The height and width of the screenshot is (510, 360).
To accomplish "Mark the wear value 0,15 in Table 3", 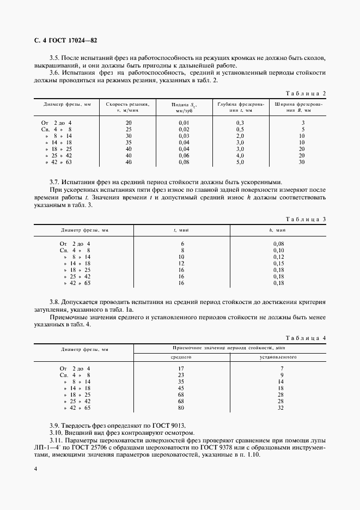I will (278, 263).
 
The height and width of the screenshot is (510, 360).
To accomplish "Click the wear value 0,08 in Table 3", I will (278, 244).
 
